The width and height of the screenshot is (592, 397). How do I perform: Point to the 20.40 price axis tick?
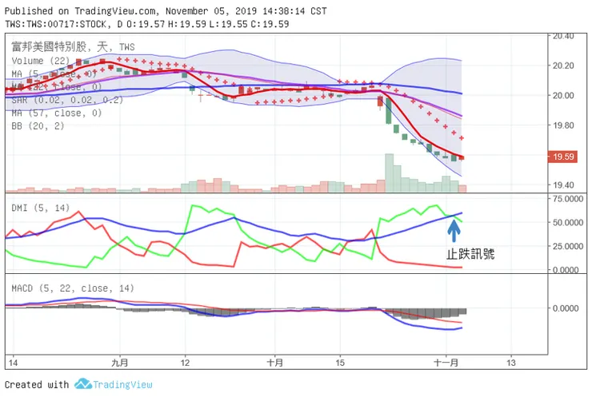(564, 36)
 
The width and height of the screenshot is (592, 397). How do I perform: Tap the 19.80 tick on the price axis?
(564, 125)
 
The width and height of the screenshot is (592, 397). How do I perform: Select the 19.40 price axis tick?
(564, 185)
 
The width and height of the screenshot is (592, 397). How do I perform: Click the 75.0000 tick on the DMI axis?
(567, 199)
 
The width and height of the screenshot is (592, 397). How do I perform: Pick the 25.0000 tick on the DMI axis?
(567, 246)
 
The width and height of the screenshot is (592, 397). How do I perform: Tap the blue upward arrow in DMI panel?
(454, 230)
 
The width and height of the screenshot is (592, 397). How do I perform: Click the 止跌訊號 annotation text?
(470, 255)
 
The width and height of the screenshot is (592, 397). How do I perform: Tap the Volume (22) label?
(39, 61)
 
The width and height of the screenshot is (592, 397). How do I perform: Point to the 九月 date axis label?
(119, 362)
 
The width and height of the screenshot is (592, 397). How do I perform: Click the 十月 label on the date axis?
(274, 362)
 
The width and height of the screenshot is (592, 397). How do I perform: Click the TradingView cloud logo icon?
(82, 384)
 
